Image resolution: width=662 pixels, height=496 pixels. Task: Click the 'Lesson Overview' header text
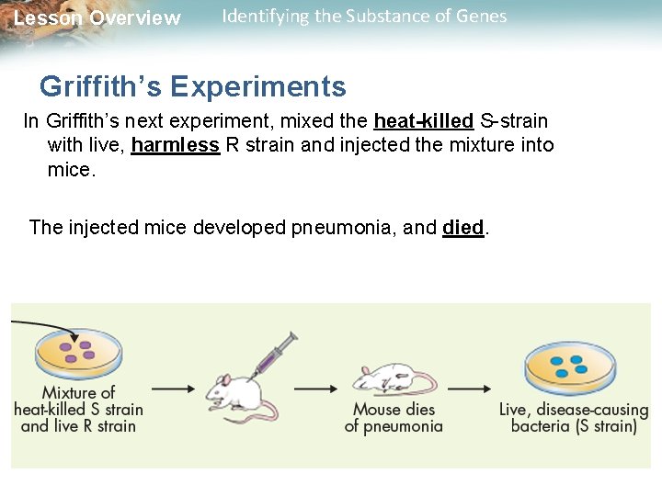click(97, 18)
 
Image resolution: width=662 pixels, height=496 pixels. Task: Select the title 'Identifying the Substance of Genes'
click(364, 17)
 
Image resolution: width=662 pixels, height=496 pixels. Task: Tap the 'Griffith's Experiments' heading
click(193, 86)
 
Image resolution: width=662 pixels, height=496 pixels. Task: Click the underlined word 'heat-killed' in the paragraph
click(423, 121)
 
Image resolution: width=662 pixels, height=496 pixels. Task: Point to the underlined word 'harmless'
click(176, 146)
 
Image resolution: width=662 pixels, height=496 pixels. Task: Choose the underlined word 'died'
click(462, 227)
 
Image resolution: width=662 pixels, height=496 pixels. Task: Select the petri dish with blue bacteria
click(571, 365)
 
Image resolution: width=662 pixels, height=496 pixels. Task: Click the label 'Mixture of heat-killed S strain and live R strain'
click(78, 409)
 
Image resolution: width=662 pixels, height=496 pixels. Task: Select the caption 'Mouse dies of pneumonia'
click(394, 417)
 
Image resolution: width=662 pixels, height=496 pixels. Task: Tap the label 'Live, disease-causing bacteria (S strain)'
click(574, 417)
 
